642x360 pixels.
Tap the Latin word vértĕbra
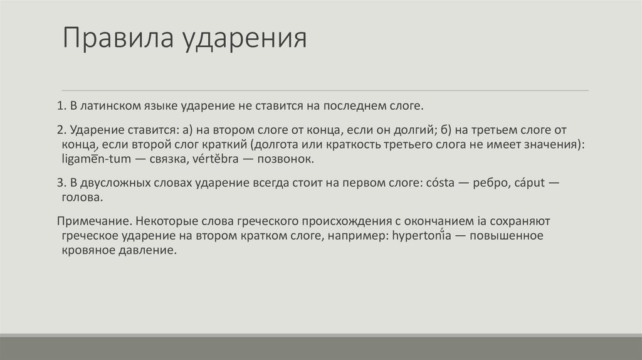point(221,159)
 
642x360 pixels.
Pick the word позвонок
point(287,159)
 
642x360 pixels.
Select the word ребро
point(494,183)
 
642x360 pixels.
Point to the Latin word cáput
point(534,183)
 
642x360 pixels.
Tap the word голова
point(82,197)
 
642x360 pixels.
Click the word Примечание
point(93,221)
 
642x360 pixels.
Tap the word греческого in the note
point(270,221)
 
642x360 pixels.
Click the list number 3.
point(60,183)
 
